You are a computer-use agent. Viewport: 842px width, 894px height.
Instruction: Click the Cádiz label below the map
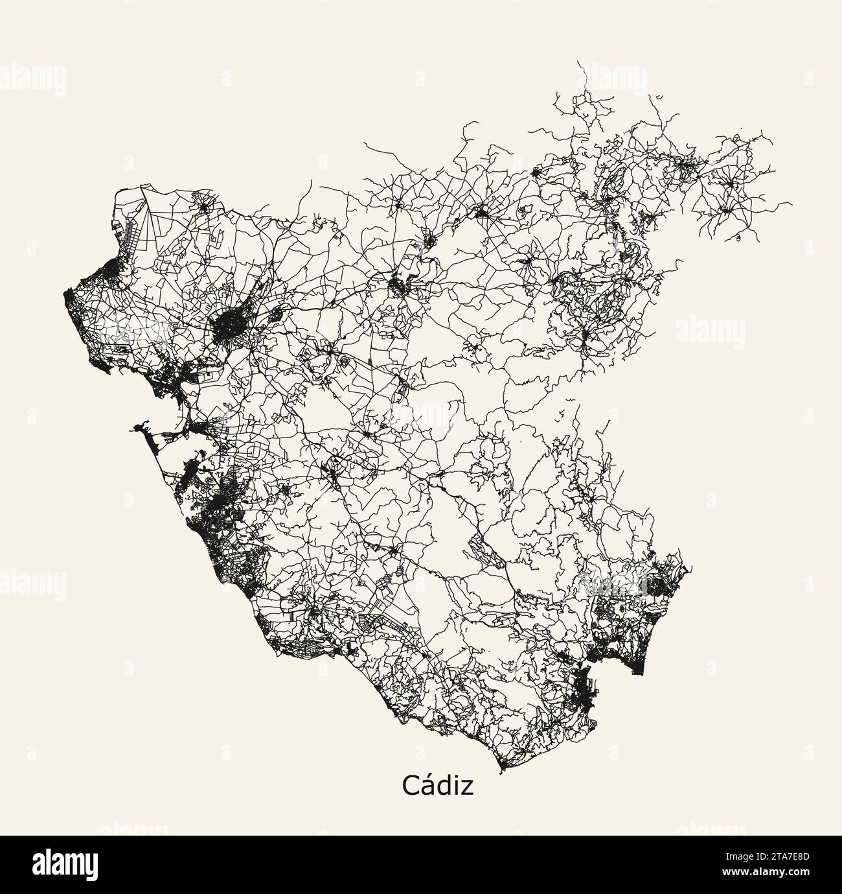437,785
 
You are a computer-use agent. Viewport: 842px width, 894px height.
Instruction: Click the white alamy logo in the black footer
71,864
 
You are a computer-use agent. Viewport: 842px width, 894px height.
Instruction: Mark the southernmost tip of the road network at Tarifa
502,771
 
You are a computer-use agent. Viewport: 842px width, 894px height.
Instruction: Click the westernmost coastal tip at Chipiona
66,296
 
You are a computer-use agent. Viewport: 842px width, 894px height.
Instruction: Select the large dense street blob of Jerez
227,327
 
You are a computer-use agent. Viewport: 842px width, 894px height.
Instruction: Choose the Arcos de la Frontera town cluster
402,285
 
